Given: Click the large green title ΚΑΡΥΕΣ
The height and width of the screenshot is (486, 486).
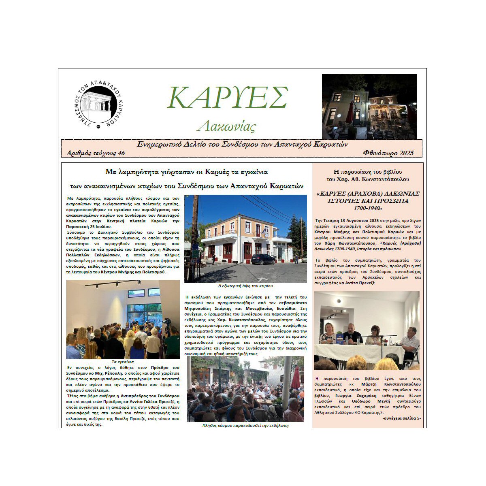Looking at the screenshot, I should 228,97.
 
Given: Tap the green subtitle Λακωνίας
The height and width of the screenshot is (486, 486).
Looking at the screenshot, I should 226,126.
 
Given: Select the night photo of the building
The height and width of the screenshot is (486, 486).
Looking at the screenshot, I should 369,106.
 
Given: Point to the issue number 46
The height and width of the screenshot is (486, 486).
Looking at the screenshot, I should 120,153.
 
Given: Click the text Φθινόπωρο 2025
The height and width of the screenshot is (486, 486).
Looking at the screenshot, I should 388,153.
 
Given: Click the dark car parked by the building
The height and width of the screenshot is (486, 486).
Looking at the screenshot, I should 263,259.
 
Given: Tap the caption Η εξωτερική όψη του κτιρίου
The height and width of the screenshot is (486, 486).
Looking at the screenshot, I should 245,286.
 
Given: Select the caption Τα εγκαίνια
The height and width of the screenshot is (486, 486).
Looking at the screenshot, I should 123,362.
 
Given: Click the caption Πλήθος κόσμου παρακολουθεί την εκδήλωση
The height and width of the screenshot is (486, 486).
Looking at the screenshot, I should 245,426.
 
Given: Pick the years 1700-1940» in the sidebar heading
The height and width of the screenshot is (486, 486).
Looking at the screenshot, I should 368,208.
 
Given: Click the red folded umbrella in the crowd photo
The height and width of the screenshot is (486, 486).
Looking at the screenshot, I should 296,377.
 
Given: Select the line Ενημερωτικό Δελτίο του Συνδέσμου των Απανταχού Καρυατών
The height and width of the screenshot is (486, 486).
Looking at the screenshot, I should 242,145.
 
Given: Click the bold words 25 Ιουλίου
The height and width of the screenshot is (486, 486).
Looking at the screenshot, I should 98,227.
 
